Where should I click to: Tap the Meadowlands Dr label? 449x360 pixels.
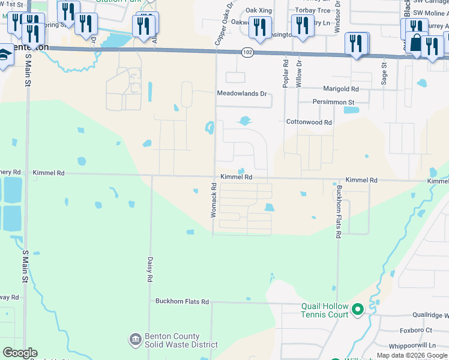point(241,94)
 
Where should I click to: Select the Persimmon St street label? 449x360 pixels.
point(334,102)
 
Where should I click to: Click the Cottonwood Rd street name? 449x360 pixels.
point(309,122)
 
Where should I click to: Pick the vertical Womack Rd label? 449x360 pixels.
point(213,200)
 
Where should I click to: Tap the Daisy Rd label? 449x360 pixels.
point(149,269)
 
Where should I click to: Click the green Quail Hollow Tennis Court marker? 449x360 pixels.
point(358,310)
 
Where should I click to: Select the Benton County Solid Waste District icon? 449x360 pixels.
point(135,340)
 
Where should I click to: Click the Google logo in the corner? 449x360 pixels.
point(20,353)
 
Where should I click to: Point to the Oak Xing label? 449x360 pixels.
point(259,11)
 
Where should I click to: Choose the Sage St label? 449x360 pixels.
point(384,72)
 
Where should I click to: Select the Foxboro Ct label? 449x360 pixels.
point(415,331)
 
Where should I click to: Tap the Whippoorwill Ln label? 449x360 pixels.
point(412,346)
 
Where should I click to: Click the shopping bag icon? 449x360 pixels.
point(416,44)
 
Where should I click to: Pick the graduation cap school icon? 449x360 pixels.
point(4,55)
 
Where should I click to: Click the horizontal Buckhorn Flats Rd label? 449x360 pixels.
point(182,302)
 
